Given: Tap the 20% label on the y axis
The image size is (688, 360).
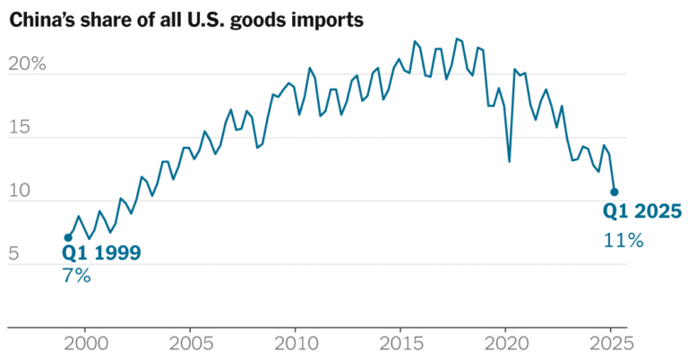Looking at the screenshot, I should coord(27,65).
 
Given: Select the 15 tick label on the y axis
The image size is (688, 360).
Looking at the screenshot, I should coord(20,129).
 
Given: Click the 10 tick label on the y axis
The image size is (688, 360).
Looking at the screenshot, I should coord(20,192).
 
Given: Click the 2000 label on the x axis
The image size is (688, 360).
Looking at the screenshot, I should coord(85,342).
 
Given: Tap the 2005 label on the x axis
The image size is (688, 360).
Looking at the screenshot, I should coord(190,342).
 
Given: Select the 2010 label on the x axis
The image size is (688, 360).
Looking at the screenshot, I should coord(295,342).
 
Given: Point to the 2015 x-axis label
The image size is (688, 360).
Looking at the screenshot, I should coord(400,342).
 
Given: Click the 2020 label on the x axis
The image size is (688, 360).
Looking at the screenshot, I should coord(504,342).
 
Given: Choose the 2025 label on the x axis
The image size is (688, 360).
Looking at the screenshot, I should coord(609,342).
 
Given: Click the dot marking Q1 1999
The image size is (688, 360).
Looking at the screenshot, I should coord(68,237).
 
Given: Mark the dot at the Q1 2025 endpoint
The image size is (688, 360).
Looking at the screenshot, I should coord(614,192).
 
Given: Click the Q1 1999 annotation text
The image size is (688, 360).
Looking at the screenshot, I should coord(101,253).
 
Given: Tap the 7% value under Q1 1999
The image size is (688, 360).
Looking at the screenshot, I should coord(76,276).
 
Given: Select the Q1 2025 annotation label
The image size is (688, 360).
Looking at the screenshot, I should coord(642,212).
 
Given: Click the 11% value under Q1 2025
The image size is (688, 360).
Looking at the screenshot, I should coord(623,240).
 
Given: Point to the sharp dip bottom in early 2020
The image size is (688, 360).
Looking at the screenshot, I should coord(510,162).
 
